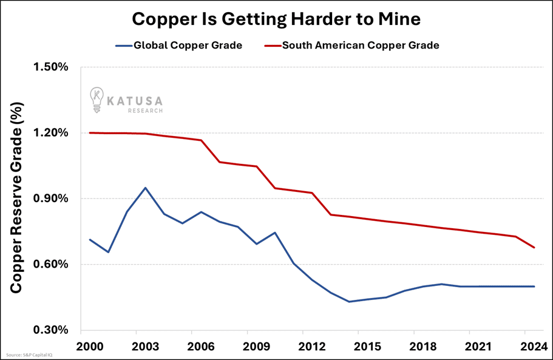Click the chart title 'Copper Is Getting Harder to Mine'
pos(276,19)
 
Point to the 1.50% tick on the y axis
pos(50,67)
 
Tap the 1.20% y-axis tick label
pos(50,133)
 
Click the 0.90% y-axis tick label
pos(50,199)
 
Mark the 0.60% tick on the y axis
pos(50,264)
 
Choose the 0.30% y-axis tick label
pos(50,330)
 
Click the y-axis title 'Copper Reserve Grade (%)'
pos(16,199)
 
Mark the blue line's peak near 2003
pos(145,188)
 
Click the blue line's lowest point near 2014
pos(349,302)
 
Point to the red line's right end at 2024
pos(534,248)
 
